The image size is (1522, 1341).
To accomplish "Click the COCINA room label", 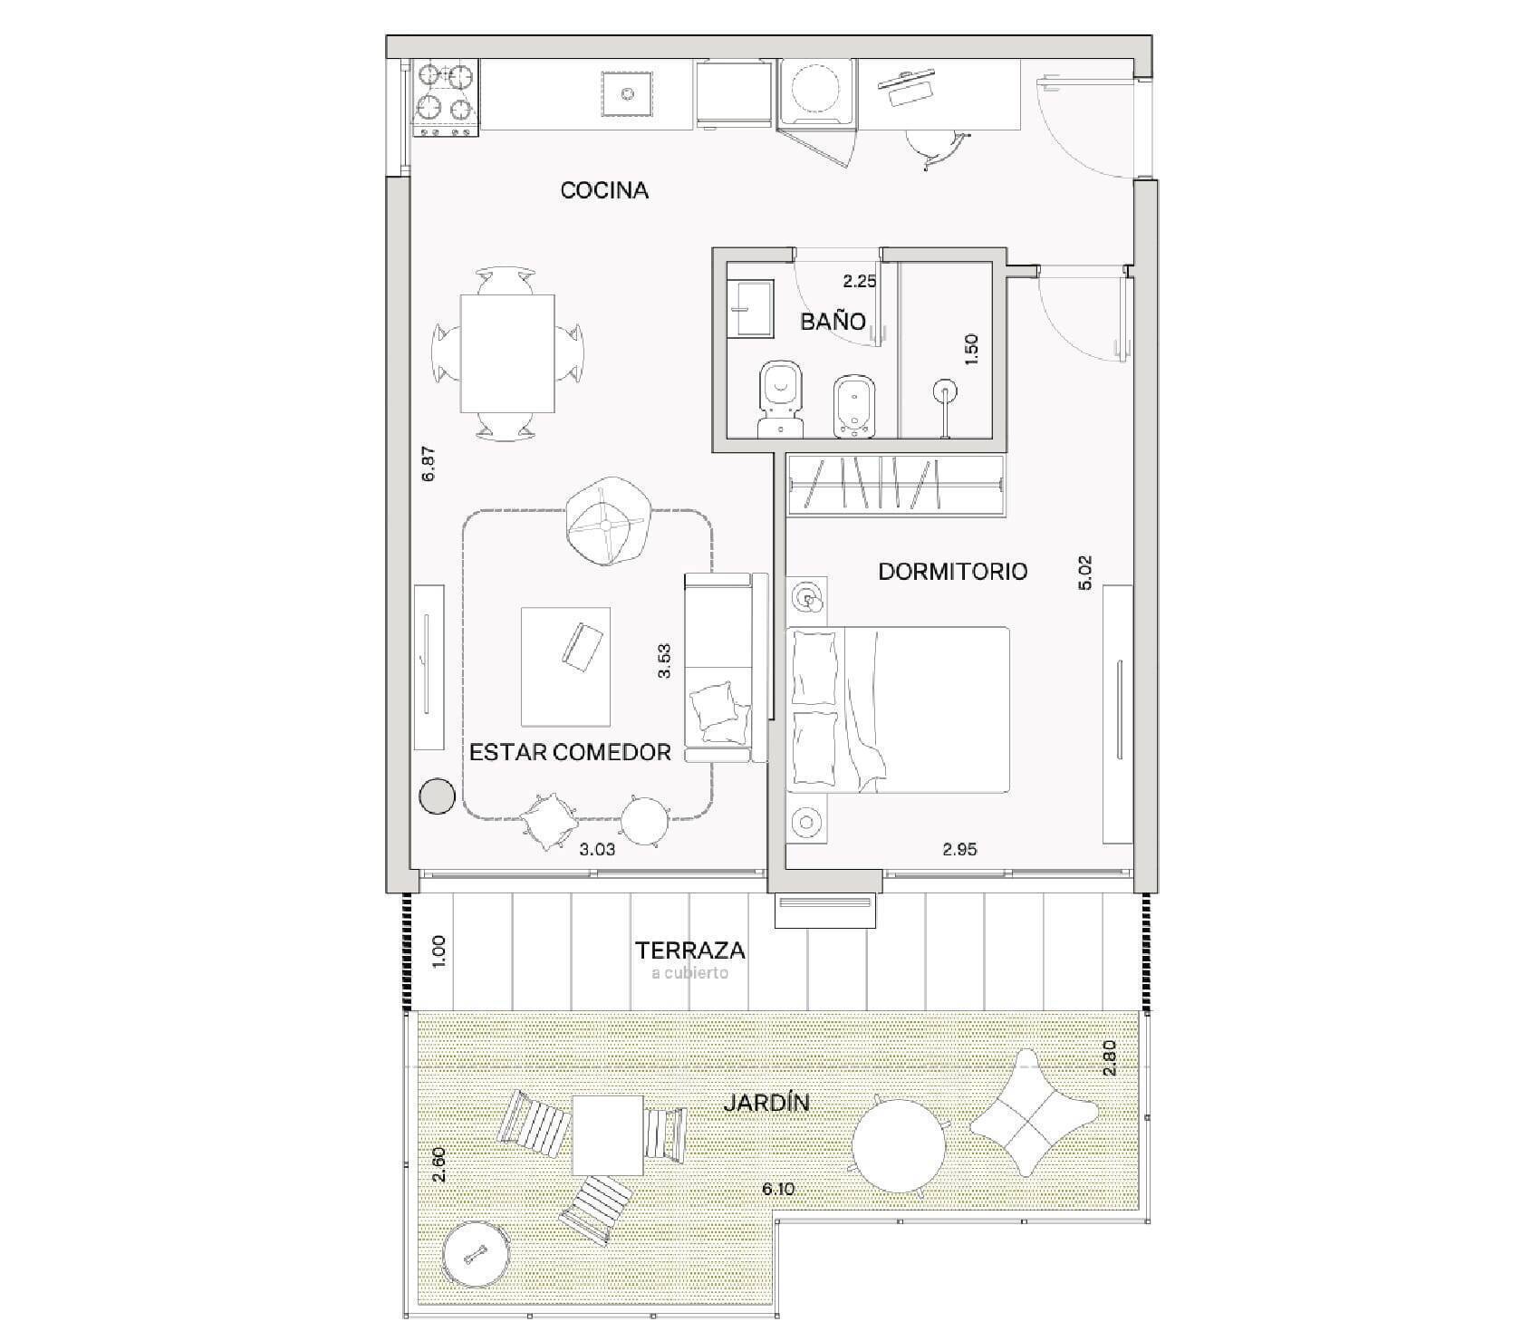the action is point(604,190).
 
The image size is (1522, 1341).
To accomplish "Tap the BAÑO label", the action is point(833,321).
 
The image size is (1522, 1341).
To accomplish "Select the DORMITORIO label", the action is point(953,572).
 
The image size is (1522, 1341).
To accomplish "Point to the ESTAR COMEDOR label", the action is point(570,752).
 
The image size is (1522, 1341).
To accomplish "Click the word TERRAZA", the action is point(690,950).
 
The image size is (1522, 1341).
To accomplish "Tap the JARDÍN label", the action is point(766,1103).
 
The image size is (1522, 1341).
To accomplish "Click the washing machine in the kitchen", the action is point(817,90).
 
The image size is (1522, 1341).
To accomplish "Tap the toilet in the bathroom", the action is point(780,399).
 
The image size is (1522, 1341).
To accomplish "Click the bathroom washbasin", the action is point(751,308).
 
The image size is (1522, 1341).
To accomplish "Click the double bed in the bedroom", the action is point(898,709).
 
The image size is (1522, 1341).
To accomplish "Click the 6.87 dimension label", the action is point(429,463).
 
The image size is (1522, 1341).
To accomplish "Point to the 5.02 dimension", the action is point(1086,572).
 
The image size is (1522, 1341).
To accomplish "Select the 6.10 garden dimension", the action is point(778,1189).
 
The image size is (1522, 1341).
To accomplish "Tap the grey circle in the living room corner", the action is point(437,796).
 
